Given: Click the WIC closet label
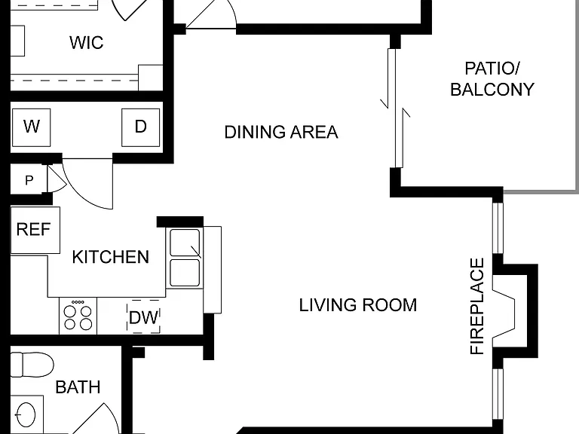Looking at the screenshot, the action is click(87, 42).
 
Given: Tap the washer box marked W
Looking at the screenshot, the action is click(32, 127).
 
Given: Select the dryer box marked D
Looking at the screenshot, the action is click(141, 127).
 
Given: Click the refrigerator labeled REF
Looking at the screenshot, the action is click(35, 231).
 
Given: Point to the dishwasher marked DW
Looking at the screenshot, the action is click(144, 317).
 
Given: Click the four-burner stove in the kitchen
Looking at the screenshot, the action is click(78, 316).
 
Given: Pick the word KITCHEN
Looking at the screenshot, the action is click(110, 257).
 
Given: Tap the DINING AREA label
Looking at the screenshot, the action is click(281, 132).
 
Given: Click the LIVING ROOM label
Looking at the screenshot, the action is click(358, 305).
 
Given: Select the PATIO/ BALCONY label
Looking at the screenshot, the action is click(492, 79).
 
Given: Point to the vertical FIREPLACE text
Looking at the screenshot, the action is click(477, 307).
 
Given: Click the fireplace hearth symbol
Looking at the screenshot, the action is click(504, 314).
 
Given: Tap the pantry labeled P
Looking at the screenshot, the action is click(29, 180).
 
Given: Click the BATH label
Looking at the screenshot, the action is click(78, 387).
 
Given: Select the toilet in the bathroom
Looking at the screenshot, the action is click(32, 365).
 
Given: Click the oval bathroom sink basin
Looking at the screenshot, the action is click(25, 415).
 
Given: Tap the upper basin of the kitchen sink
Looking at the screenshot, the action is click(185, 243).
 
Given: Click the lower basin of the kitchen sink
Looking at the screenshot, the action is click(185, 273).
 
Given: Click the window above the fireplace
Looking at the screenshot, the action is click(498, 225).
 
